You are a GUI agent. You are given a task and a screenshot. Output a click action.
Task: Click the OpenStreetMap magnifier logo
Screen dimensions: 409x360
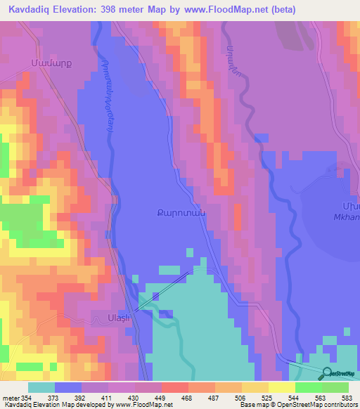328,372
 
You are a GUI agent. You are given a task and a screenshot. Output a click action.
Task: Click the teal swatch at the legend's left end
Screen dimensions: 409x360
41,387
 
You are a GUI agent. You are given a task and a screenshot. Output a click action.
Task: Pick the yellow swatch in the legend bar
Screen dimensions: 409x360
282,387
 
